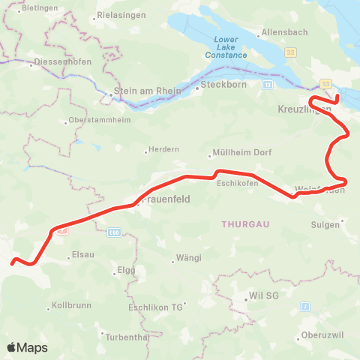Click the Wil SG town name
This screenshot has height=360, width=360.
(x=263, y=296)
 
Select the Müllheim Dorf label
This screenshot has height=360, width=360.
(x=242, y=151)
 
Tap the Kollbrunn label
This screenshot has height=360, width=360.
(x=71, y=307)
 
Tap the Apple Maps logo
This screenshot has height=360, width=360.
(x=27, y=347)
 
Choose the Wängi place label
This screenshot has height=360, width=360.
(x=188, y=257)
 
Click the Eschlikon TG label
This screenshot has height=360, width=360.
(x=156, y=307)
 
